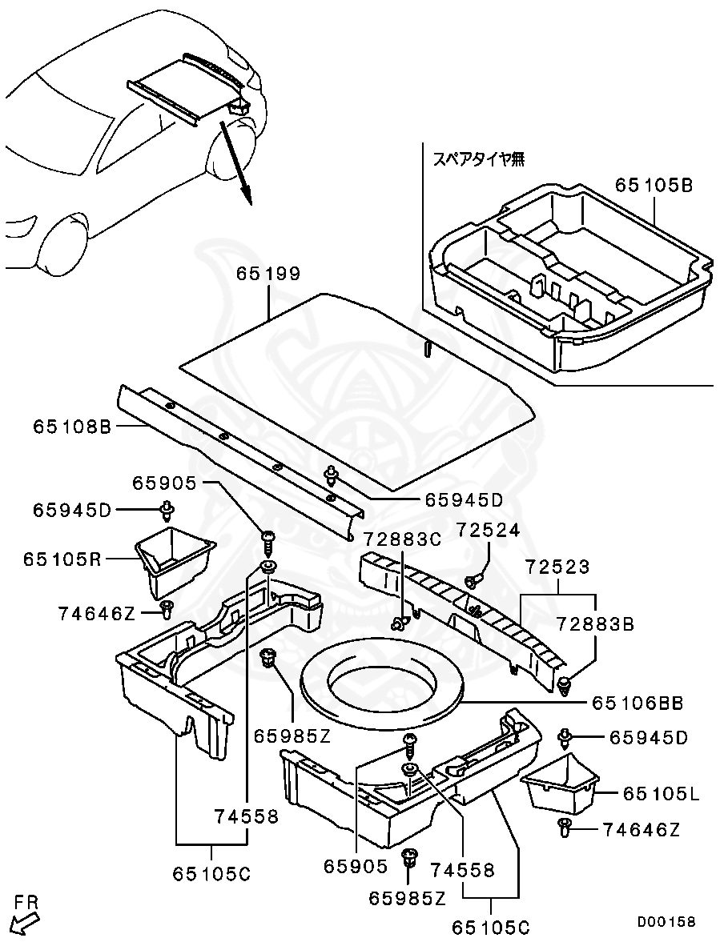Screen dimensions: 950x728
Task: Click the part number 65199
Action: pos(267,275)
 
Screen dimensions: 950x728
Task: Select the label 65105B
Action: pos(654,185)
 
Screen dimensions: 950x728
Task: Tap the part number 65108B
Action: pos(71,427)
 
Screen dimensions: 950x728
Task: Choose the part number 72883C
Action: pos(401,539)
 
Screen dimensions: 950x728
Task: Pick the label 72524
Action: pos(489,529)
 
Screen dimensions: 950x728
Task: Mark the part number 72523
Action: pos(557,567)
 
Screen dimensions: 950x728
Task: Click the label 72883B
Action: pos(594,623)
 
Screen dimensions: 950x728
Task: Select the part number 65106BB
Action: pos(638,703)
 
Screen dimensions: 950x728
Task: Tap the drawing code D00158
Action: pos(666,922)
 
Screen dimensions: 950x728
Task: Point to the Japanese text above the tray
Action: pos(479,158)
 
